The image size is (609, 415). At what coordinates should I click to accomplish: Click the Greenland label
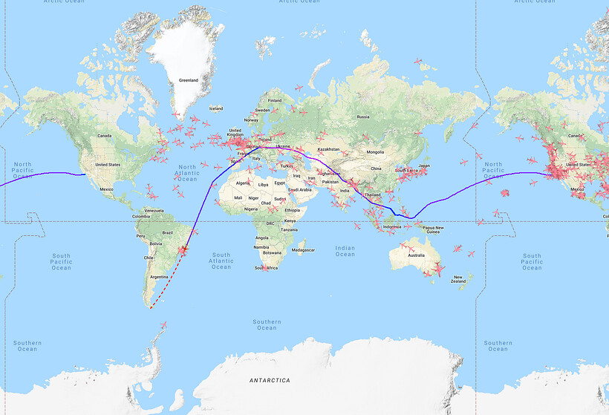coord(189,81)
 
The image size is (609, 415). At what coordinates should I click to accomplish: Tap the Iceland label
coord(215,108)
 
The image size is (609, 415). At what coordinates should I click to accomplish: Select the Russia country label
coord(363,117)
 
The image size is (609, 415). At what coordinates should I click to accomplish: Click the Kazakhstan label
coord(328,149)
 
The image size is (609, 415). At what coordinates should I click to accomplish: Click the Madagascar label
coord(304,250)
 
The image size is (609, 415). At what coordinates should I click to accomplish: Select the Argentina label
coord(157,276)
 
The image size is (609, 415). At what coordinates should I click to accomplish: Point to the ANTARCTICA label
coord(269,380)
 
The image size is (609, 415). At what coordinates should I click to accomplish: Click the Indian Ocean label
coord(345,251)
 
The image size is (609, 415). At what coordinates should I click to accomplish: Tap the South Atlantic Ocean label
coord(221,261)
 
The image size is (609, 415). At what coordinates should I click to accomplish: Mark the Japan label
coord(424,166)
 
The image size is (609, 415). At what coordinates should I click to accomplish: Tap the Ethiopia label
coord(292,210)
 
